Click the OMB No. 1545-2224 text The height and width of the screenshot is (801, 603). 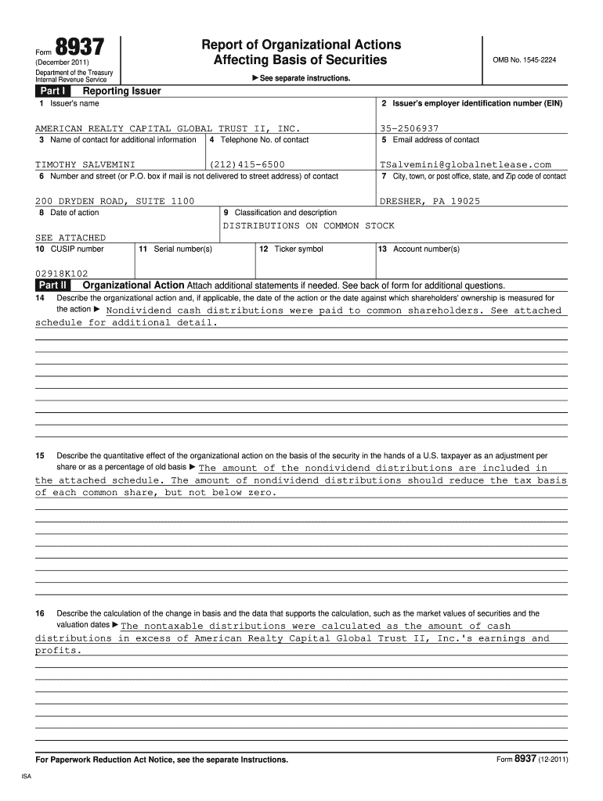click(524, 60)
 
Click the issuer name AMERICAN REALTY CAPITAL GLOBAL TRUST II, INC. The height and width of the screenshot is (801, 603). click(168, 128)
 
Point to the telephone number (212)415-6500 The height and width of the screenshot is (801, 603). click(247, 164)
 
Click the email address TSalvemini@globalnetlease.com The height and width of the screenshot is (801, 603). click(465, 164)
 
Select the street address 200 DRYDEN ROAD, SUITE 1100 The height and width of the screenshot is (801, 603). click(114, 201)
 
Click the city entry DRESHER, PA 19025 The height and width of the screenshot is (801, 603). click(430, 201)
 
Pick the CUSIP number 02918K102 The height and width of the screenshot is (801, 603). click(62, 274)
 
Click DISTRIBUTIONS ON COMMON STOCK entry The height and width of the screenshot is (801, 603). click(309, 225)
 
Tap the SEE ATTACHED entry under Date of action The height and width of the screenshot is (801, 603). click(70, 237)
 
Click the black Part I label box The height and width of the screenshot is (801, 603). click(52, 91)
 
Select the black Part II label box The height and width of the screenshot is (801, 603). click(53, 285)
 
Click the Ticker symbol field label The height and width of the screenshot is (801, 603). click(291, 249)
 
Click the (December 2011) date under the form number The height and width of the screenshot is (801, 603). click(63, 63)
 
